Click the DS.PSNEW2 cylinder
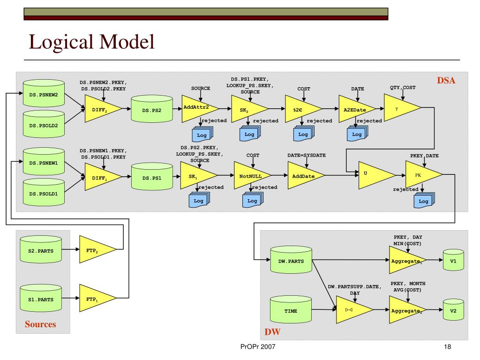click(x=44, y=93)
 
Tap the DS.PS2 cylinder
click(x=152, y=109)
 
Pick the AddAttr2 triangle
click(x=197, y=109)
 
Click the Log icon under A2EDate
click(x=357, y=134)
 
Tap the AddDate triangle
click(x=304, y=175)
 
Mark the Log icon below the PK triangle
click(x=424, y=201)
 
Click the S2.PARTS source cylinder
click(x=41, y=249)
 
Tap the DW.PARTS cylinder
click(x=291, y=260)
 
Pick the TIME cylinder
click(x=291, y=309)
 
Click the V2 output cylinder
click(x=453, y=309)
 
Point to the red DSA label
click(x=446, y=81)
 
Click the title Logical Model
click(x=91, y=42)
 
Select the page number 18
click(x=447, y=347)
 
